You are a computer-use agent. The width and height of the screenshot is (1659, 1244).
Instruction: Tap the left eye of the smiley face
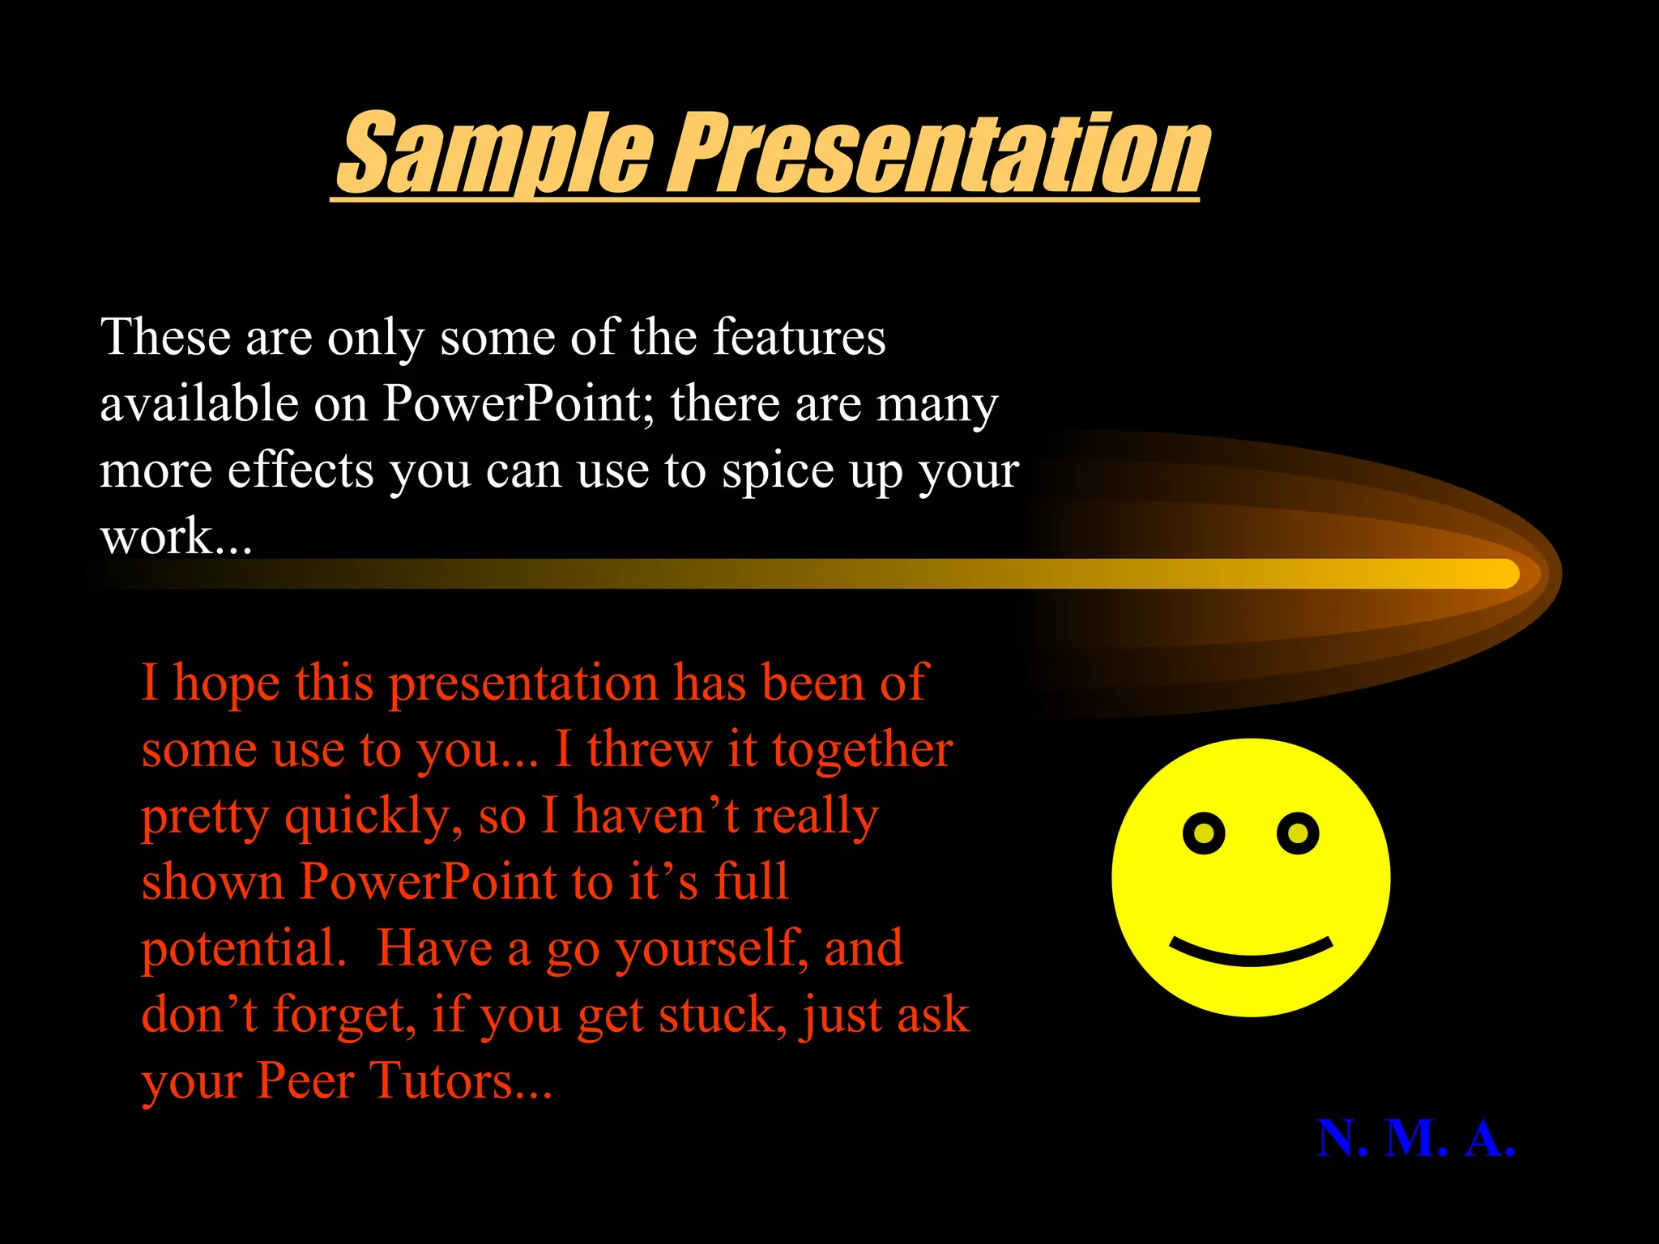point(1204,833)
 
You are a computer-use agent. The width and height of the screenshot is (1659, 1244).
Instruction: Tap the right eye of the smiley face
point(1298,833)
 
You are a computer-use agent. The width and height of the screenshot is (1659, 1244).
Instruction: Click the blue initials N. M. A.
point(1416,1139)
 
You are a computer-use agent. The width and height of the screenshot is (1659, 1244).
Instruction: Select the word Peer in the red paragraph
point(305,1081)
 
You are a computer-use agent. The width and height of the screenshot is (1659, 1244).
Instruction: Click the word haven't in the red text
point(656,816)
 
